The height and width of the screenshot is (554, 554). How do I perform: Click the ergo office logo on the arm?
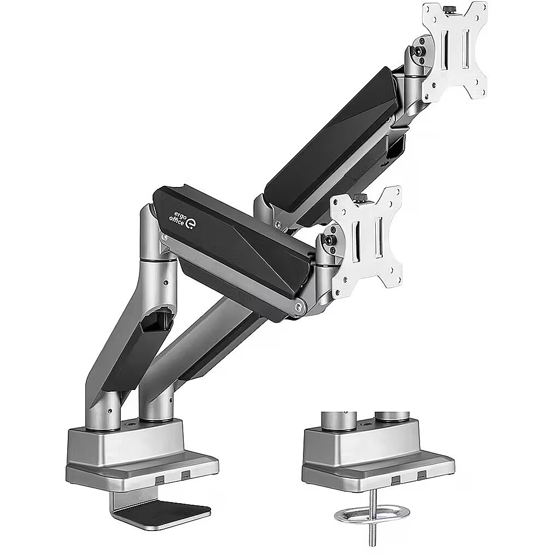182,220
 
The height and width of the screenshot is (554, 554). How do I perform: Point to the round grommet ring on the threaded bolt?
372,515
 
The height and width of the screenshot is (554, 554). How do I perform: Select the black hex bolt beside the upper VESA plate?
420,51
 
